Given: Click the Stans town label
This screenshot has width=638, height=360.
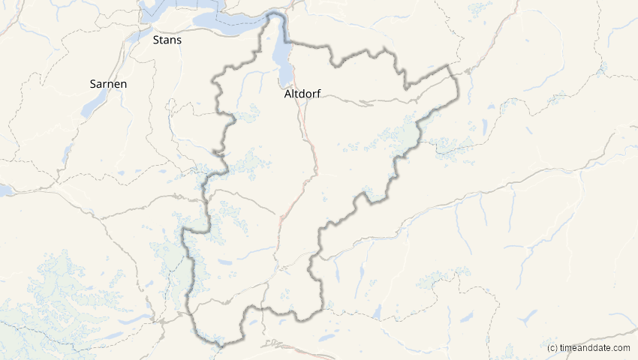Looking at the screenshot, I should click(167, 40).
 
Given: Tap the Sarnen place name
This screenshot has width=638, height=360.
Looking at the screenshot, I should click(107, 84).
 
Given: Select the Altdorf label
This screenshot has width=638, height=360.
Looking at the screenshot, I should click(303, 95).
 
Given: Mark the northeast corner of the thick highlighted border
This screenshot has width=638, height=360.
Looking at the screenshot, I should click(450, 67).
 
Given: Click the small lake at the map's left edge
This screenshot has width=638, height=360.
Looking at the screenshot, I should click(4, 190).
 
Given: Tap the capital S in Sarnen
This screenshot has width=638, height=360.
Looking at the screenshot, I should click(92, 84).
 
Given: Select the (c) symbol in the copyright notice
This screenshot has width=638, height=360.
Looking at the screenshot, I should click(552, 348).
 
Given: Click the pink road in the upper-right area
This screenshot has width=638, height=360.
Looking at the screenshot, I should click(510, 22).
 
